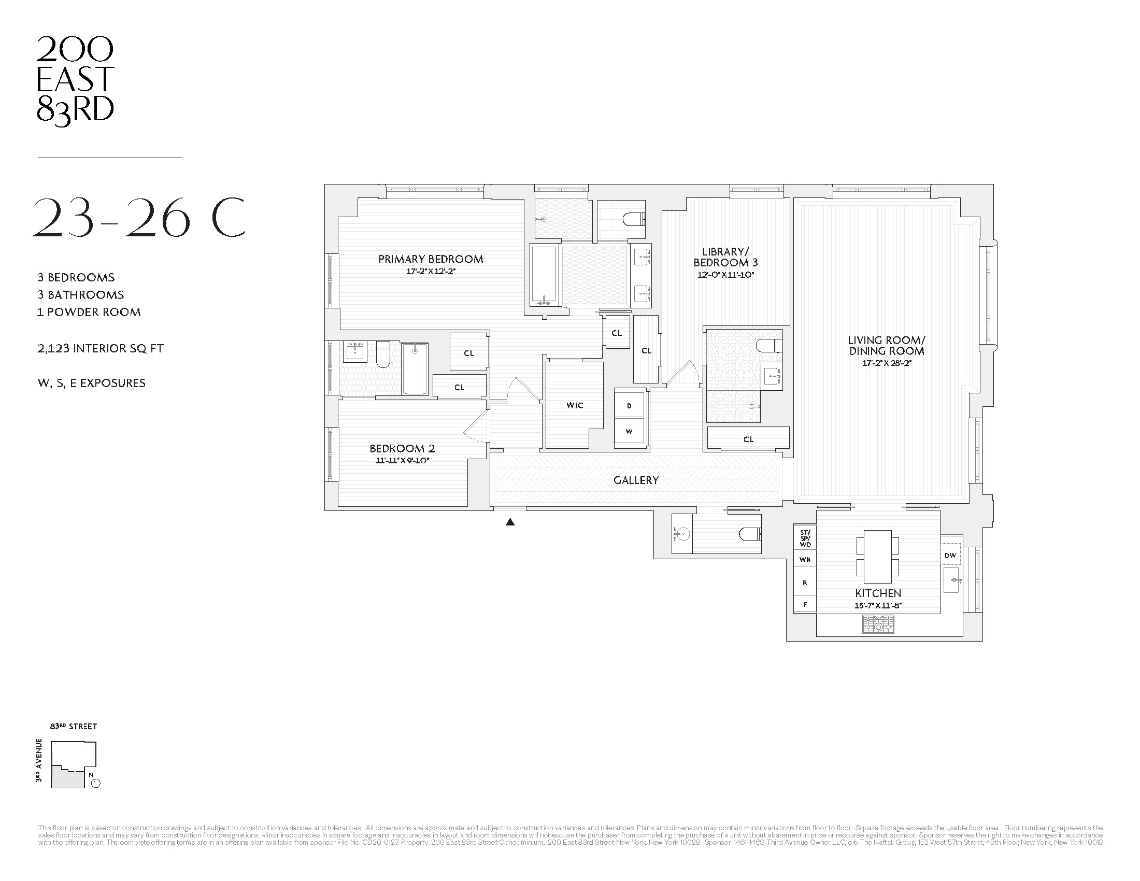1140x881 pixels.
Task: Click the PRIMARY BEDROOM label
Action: (431, 259)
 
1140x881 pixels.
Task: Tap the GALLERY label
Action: (636, 480)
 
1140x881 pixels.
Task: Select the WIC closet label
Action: (575, 405)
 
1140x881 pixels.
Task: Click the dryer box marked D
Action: (629, 406)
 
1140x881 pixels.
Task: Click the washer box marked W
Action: (629, 431)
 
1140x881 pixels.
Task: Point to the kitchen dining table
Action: (877, 557)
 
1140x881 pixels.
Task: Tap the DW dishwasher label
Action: (950, 556)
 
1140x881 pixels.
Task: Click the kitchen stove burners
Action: (878, 624)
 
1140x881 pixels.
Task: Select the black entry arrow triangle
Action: (510, 522)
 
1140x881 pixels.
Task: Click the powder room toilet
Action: (750, 534)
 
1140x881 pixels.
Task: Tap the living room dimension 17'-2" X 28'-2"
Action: (886, 363)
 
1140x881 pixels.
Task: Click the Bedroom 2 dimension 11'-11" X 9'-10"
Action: (402, 461)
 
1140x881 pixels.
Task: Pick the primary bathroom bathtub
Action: (545, 275)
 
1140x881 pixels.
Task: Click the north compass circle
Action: (95, 783)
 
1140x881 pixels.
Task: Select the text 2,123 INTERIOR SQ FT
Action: (100, 349)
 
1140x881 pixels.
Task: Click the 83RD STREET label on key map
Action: (74, 727)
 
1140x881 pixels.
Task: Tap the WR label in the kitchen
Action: (805, 560)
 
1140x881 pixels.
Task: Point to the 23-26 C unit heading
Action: (138, 218)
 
